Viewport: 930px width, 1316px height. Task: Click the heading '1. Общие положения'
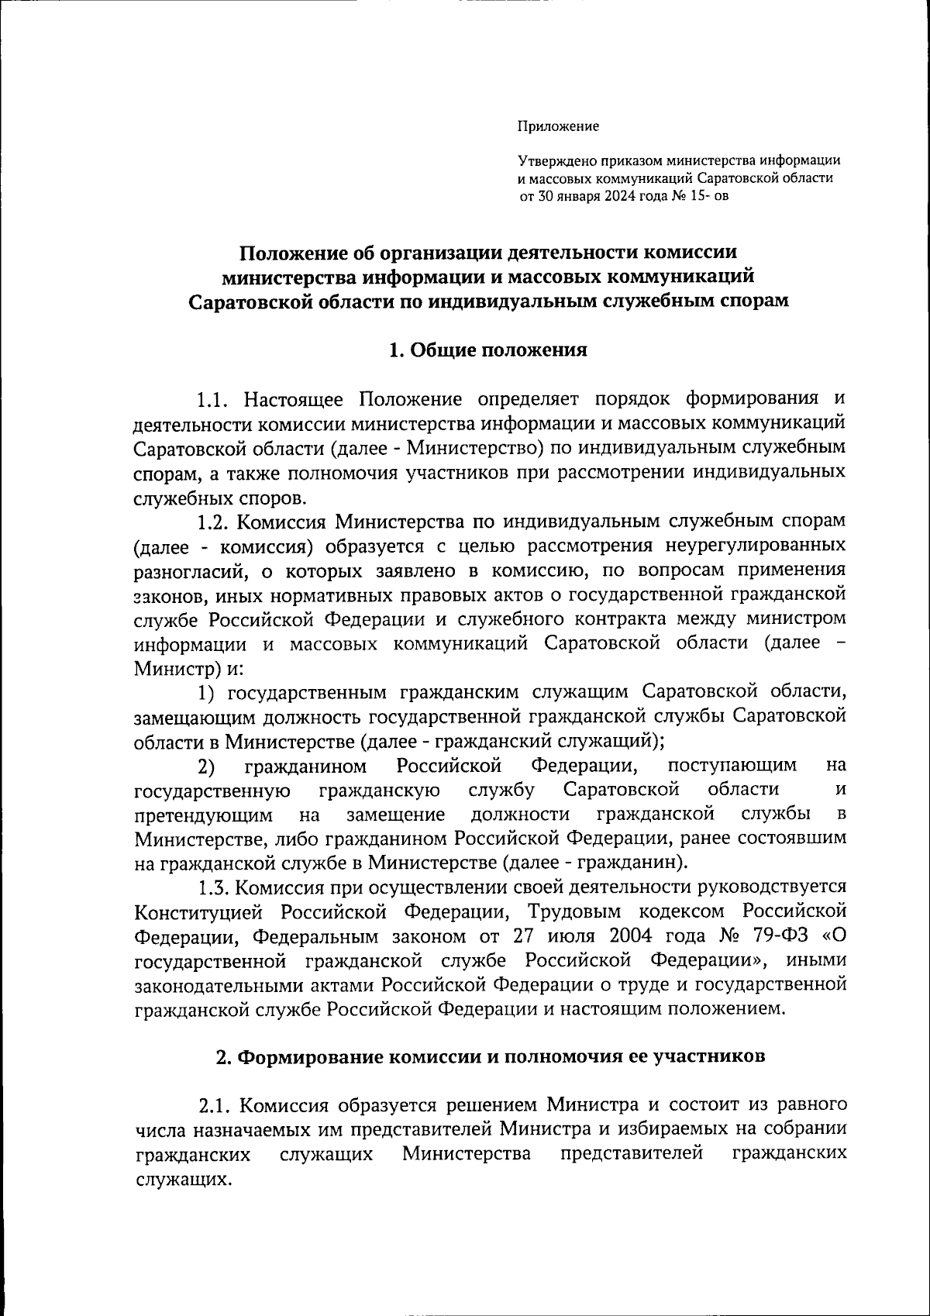pyautogui.click(x=487, y=350)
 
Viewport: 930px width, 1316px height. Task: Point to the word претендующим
pyautogui.click(x=203, y=815)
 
